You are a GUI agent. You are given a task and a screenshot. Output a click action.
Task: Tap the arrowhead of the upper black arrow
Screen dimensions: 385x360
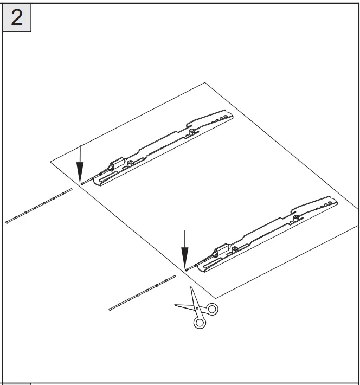(x=80, y=165)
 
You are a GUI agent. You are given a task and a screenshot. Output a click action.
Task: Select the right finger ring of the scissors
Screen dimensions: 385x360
(x=211, y=309)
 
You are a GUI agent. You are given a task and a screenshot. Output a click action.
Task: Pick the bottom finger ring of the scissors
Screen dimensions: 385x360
(x=200, y=322)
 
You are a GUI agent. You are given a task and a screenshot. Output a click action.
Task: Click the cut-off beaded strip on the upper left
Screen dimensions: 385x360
(x=39, y=206)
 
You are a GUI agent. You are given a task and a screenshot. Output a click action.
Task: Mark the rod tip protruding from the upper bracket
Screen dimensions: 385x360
(x=81, y=183)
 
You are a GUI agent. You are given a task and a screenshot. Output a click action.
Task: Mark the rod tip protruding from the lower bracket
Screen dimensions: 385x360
(x=186, y=269)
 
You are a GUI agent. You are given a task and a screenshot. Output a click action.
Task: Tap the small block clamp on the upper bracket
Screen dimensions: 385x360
(x=115, y=163)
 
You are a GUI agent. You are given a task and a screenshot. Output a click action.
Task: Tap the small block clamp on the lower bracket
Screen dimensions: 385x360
(x=221, y=250)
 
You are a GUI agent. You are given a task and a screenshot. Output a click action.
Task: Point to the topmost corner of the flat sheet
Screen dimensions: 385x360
(x=204, y=82)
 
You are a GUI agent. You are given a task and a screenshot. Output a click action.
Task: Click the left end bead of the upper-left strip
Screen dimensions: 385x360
(x=7, y=222)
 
